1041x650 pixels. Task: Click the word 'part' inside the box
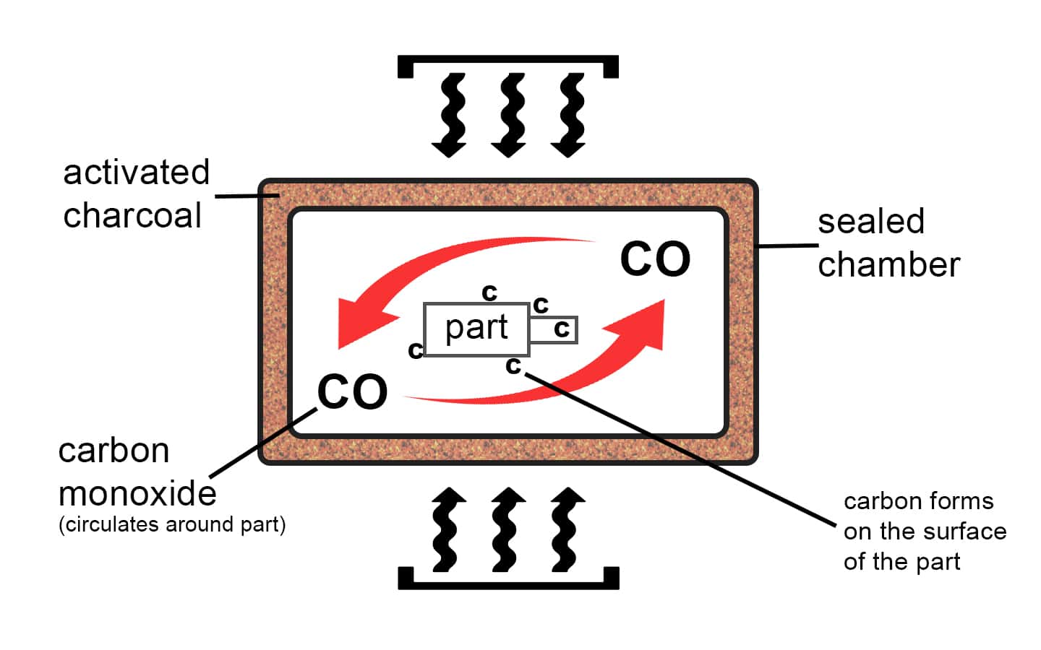point(476,328)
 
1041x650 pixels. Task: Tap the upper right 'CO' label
point(655,259)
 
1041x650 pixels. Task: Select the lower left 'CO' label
point(353,392)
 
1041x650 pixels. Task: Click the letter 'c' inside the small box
point(562,329)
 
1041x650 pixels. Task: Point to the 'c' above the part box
point(489,292)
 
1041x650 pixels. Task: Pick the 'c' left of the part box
point(415,350)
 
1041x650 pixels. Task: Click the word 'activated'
point(136,173)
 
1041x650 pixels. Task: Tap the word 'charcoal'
point(132,215)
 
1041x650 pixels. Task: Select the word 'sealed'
point(871,221)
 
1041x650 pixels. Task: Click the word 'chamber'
point(888,264)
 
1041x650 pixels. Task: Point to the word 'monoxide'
point(137,494)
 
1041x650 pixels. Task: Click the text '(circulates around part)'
point(172,524)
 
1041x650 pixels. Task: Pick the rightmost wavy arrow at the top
point(568,116)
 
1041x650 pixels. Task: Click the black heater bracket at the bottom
point(508,581)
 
